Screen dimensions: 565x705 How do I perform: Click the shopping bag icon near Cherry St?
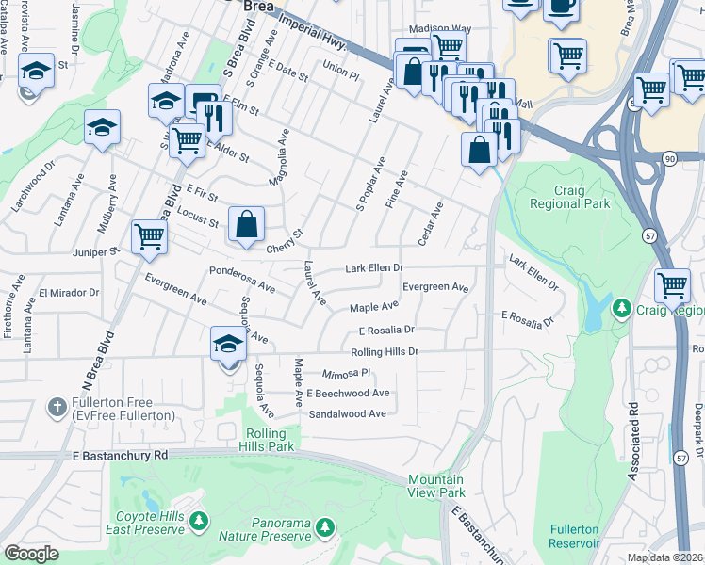246,224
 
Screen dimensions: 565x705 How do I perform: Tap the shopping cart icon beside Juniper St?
149,236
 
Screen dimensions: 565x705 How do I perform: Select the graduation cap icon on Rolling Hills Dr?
228,346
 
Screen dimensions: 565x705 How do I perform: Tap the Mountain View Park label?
436,486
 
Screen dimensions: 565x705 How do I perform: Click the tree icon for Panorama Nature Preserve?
325,525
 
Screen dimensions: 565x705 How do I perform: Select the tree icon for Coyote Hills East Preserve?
198,520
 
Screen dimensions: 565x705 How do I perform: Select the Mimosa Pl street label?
347,373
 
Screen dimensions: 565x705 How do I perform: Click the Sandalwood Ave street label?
348,413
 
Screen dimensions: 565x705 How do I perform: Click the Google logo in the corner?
30,554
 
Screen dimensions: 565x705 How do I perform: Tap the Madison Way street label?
437,28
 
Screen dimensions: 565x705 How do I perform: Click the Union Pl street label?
340,71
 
